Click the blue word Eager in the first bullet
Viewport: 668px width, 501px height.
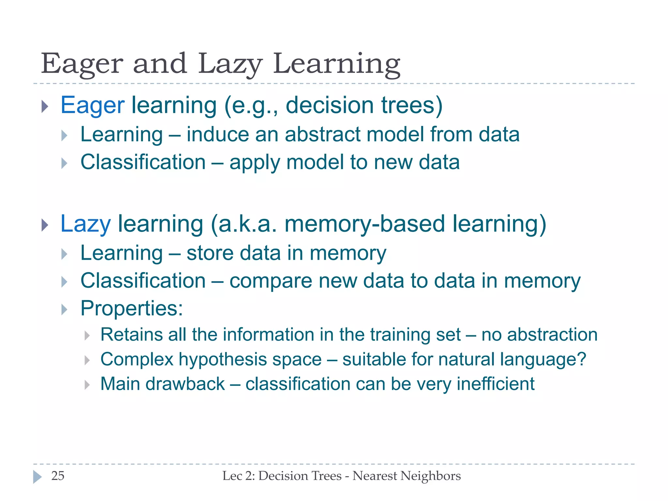(93, 105)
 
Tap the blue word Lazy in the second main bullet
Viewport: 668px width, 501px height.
(85, 224)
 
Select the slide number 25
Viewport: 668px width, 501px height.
(58, 476)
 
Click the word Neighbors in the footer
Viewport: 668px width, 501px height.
(431, 476)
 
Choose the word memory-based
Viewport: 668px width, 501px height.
(364, 224)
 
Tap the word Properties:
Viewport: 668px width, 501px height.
(131, 308)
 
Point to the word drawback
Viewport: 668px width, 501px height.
(185, 384)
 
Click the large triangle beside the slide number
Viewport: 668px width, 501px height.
(38, 477)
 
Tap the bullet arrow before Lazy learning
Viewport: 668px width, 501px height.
(45, 225)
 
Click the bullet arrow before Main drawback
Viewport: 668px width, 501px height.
(87, 385)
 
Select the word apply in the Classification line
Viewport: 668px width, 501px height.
(254, 162)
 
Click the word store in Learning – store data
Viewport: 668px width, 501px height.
(210, 253)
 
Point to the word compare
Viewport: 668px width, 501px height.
(271, 281)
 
